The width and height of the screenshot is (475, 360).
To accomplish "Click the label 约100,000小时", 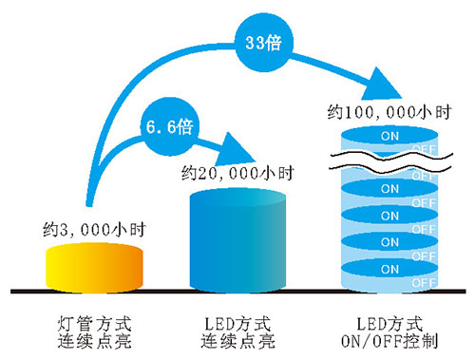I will point(389,112).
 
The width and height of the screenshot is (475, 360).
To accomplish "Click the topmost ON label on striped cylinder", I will point(389,135).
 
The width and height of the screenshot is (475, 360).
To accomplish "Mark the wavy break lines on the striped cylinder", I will point(389,159).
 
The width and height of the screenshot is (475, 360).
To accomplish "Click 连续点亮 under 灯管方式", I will point(94,338).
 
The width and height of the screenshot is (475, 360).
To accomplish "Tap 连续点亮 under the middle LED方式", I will point(237,338).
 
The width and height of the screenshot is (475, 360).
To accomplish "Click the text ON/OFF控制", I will point(390,338).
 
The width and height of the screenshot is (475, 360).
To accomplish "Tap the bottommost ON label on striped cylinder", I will point(389,268).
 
